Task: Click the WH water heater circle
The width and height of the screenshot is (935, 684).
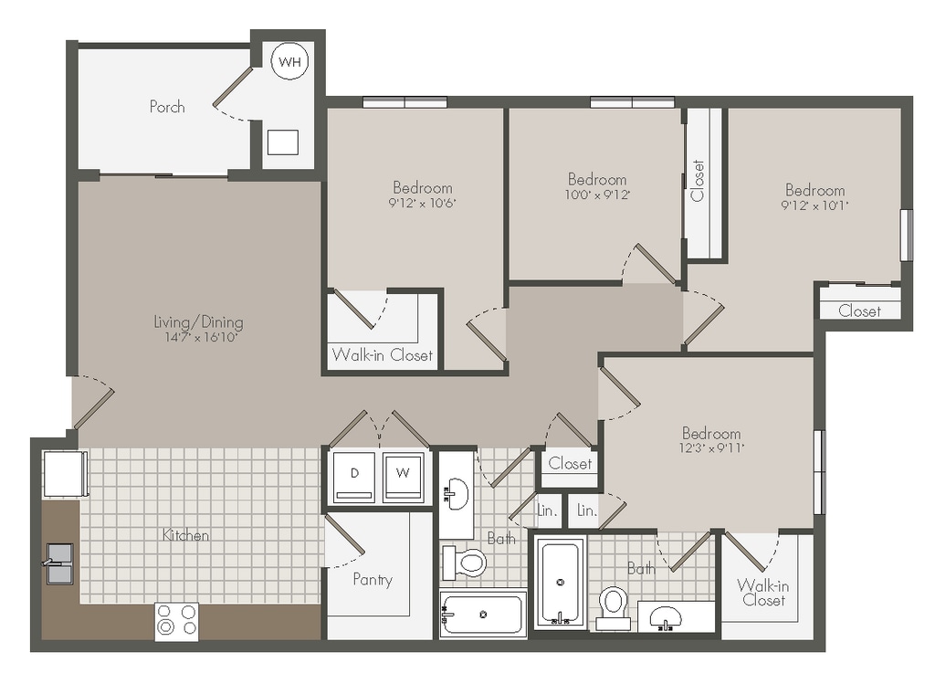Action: pos(289,61)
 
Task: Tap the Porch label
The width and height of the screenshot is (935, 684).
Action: pos(167,107)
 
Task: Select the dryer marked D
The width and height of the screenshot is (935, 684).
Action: pos(354,477)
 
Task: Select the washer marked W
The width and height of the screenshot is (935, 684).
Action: pos(403,477)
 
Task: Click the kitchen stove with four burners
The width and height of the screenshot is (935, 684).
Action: pos(176,621)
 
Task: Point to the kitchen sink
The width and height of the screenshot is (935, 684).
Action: pos(59,563)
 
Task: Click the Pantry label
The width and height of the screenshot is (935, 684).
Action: pos(373,579)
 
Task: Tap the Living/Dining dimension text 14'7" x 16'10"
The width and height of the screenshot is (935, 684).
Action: pos(202,338)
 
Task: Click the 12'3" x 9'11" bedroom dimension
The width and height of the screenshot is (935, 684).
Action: pos(711,447)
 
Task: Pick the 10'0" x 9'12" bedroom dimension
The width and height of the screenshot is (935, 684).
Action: pos(597,195)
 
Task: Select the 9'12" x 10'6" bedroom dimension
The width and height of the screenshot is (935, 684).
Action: pos(422,203)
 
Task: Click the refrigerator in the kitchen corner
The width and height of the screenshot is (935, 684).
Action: pos(65,474)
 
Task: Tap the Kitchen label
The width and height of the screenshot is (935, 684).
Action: pos(185,535)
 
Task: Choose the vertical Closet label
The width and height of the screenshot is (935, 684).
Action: pos(697,181)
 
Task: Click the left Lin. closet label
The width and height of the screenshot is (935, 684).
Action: pos(547,510)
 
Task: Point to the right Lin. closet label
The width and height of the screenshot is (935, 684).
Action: pos(587,510)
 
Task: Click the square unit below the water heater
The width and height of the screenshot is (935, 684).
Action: pos(282,142)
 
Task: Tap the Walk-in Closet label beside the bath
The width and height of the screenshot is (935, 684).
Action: pos(763,592)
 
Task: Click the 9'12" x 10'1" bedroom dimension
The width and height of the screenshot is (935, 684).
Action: pos(815,205)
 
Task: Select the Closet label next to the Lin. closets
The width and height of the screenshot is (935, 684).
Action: pos(570,463)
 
